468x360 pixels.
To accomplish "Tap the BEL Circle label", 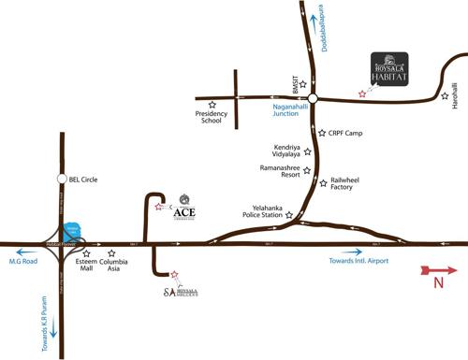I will [x=83, y=179].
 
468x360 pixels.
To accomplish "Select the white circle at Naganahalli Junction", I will [x=313, y=97].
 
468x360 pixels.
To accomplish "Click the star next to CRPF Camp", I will [x=321, y=133].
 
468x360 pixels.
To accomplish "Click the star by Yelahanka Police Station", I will [x=290, y=215].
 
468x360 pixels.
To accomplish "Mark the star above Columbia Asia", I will [x=112, y=252].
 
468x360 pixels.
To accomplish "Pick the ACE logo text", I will [x=185, y=210].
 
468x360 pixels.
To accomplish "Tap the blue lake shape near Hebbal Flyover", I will [x=73, y=230].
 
